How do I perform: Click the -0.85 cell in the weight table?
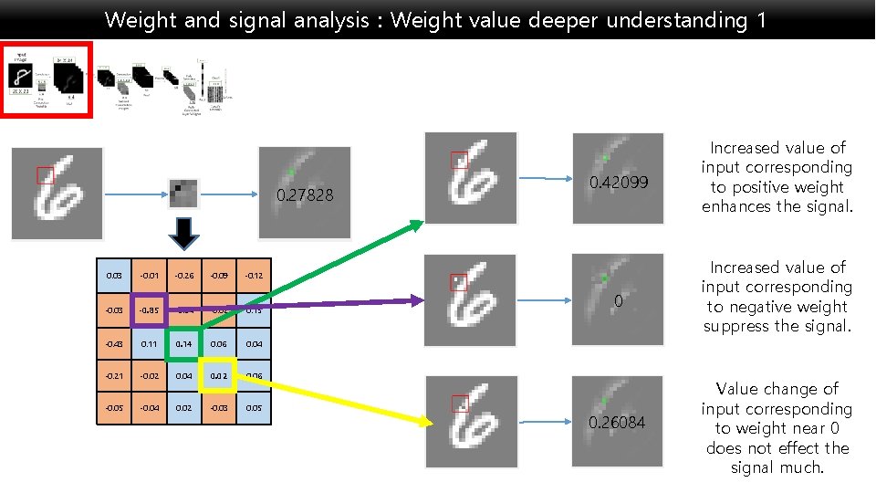point(150,309)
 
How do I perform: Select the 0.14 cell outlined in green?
point(184,344)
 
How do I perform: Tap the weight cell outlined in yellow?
point(219,375)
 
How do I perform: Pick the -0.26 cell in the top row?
point(184,275)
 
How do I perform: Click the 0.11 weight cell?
point(150,344)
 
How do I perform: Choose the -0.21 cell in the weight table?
point(115,375)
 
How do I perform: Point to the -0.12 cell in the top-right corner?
point(254,275)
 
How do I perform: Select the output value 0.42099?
point(619,183)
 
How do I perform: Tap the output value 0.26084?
point(617,423)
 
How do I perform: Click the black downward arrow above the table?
point(184,234)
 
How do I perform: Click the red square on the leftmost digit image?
point(45,175)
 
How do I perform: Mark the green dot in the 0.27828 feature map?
point(291,172)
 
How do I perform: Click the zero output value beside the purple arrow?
point(618,301)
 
